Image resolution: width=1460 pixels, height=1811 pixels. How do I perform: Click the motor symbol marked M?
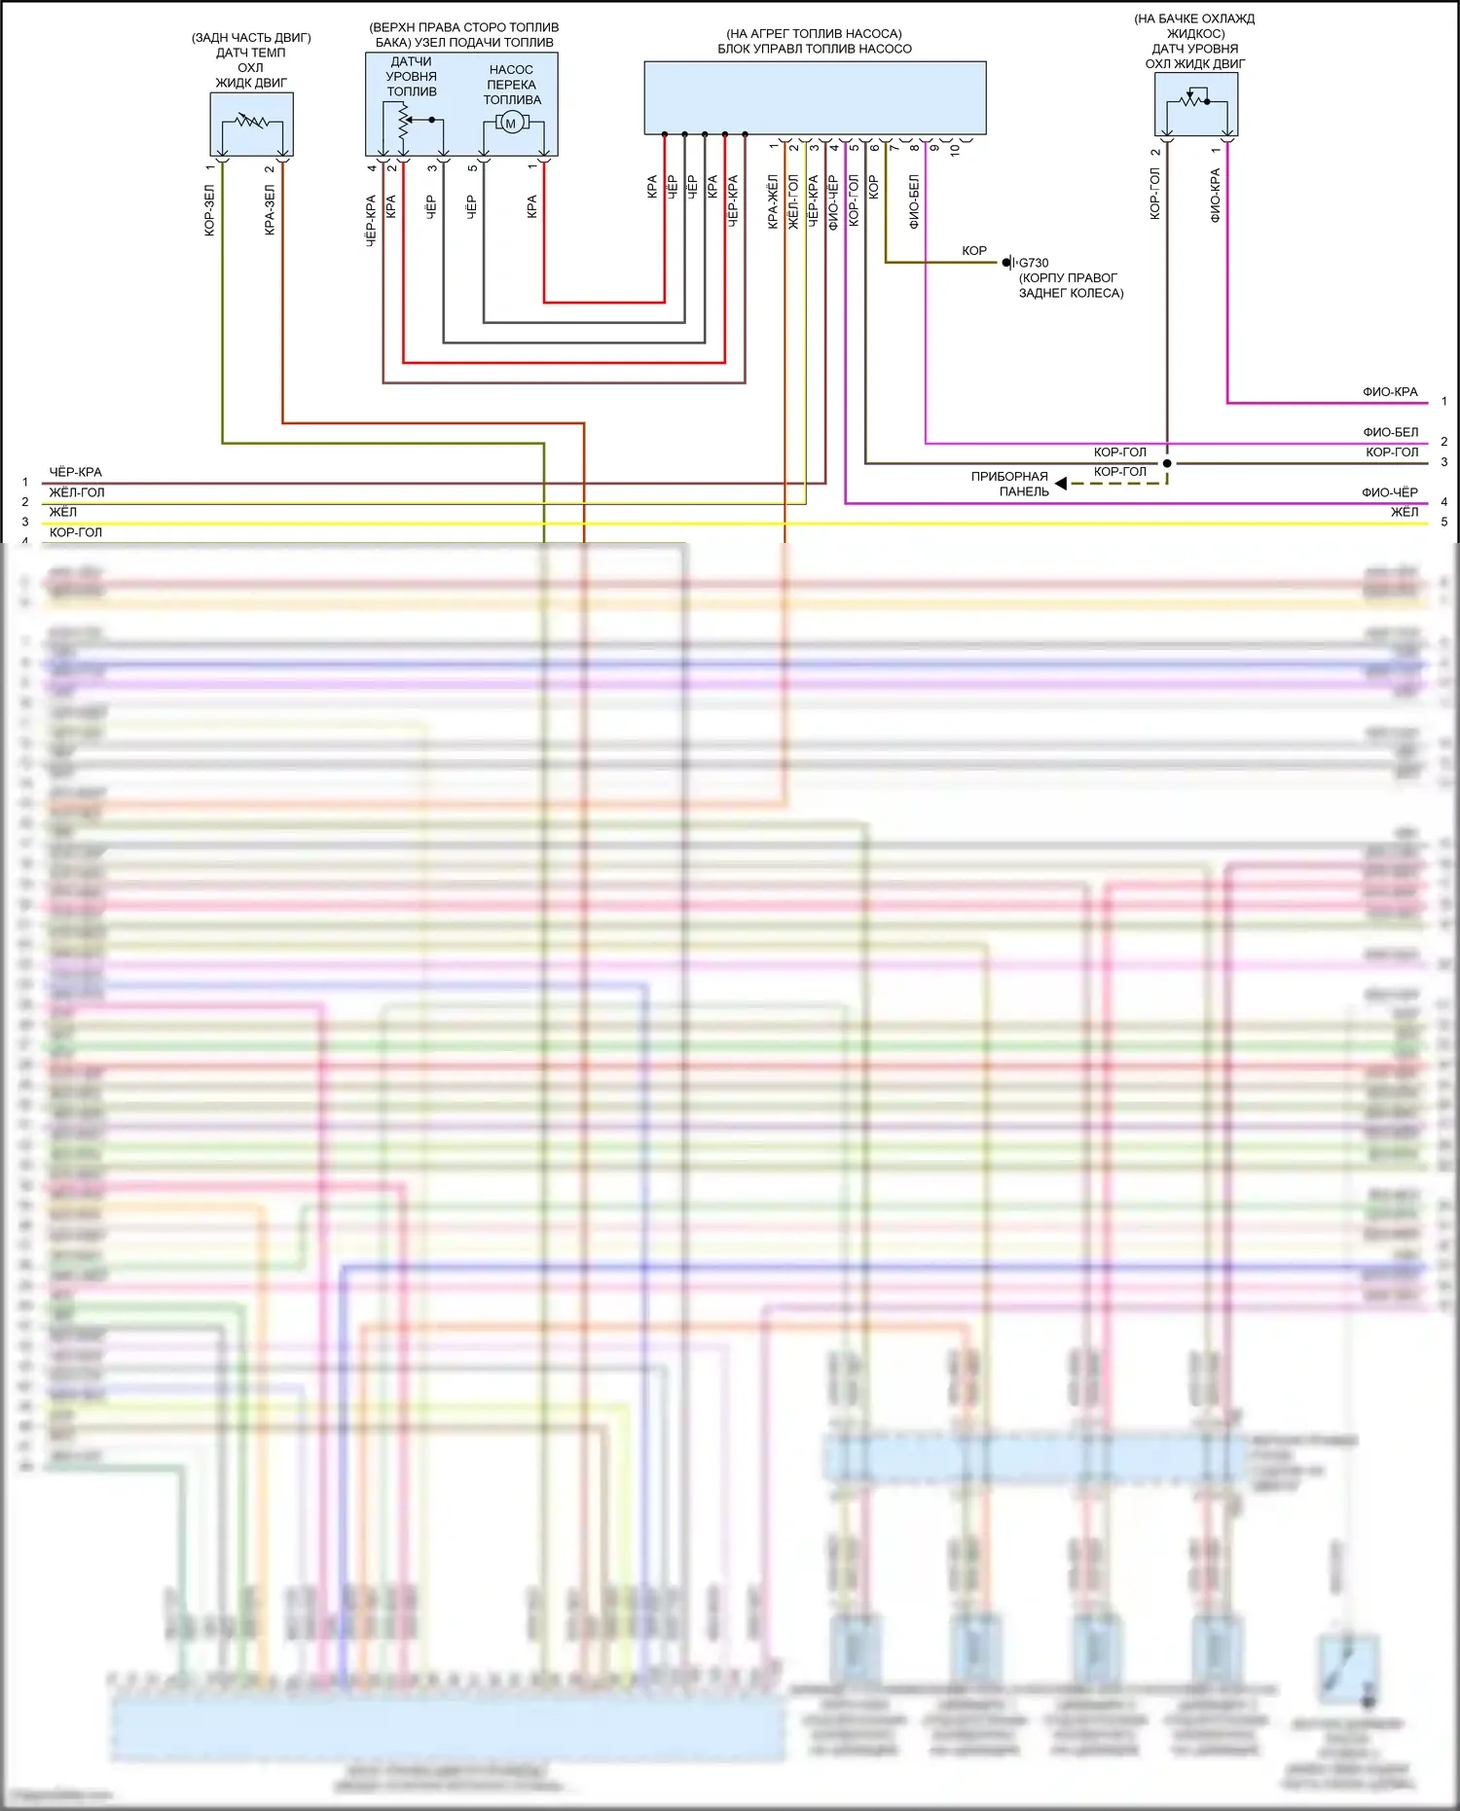511,123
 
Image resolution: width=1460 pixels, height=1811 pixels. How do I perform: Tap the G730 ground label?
1033,263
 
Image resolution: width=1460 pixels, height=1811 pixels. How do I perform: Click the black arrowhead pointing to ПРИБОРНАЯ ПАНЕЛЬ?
1061,484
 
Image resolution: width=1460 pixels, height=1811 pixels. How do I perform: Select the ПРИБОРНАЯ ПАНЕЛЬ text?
1009,484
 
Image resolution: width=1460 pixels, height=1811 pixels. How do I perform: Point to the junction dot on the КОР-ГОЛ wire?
1167,463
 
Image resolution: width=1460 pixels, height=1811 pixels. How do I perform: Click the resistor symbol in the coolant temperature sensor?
251,122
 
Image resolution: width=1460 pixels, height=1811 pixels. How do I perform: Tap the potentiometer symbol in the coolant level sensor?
1195,99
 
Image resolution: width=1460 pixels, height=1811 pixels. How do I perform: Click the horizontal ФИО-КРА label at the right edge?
1390,392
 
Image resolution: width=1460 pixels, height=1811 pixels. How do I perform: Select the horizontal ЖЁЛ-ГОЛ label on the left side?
77,492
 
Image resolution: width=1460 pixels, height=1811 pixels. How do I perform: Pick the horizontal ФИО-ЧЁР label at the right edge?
1389,492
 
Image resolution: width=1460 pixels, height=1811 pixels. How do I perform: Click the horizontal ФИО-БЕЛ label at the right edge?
1390,432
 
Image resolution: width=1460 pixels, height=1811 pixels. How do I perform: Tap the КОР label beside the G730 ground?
973,251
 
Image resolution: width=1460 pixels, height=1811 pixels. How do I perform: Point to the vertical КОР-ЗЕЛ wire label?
209,210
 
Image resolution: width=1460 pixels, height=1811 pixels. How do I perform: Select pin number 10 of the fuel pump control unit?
955,150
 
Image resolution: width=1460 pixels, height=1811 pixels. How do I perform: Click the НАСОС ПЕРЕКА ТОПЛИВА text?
512,85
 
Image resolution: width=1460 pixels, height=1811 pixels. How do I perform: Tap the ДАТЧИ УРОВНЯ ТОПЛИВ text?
412,77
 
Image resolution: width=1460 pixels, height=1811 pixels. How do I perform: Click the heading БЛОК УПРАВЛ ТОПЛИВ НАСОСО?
815,49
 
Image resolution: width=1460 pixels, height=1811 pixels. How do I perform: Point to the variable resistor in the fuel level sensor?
404,120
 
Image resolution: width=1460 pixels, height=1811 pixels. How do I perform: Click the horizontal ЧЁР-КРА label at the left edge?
75,472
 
